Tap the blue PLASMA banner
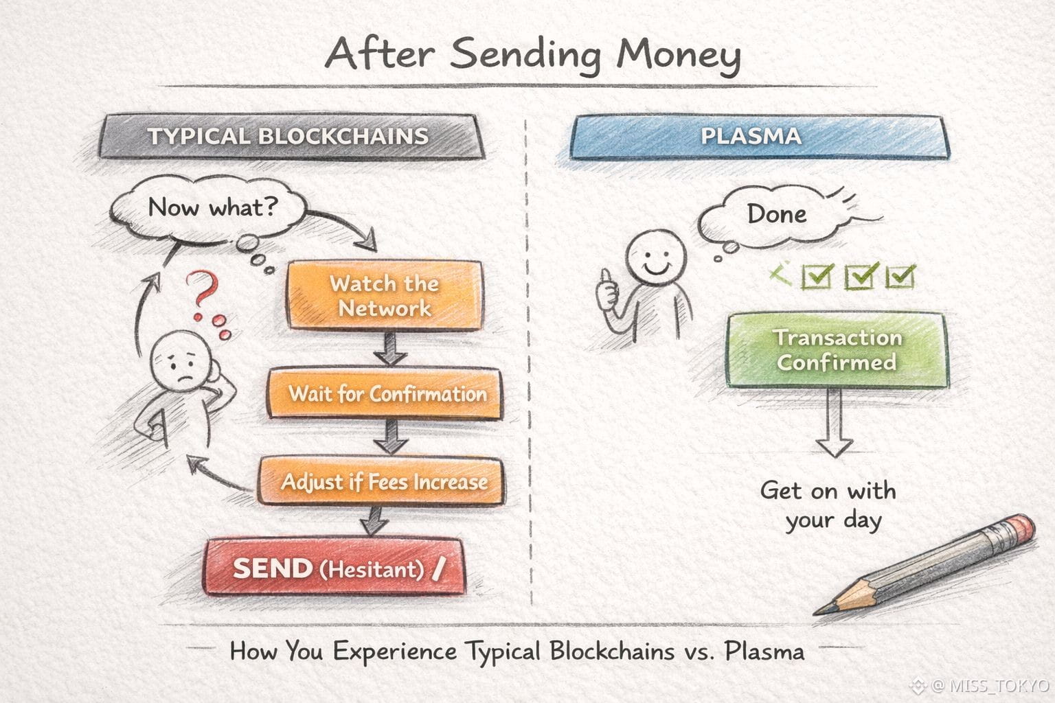click(x=751, y=136)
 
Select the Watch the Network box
click(x=384, y=296)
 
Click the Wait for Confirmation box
click(x=387, y=393)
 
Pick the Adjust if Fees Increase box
click(x=383, y=481)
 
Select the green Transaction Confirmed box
click(x=837, y=350)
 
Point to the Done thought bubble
click(x=776, y=215)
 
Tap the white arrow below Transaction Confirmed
click(x=834, y=426)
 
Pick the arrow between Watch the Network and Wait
click(x=389, y=349)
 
